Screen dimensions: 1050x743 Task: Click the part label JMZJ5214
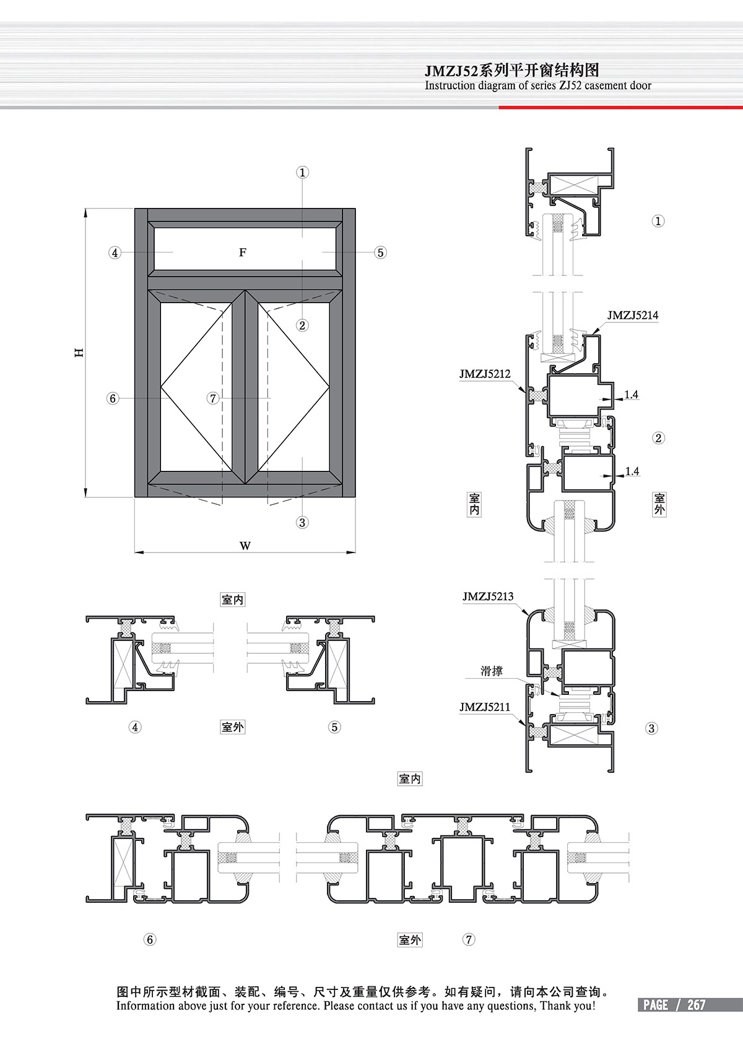(x=632, y=315)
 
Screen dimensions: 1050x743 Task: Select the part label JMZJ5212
(x=485, y=374)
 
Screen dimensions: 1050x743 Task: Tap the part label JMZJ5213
(x=488, y=596)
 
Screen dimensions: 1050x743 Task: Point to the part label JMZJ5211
(x=485, y=707)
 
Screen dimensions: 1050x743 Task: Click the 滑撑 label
(x=492, y=671)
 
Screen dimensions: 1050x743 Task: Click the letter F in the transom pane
(x=243, y=252)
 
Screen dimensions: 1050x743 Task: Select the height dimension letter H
(x=79, y=353)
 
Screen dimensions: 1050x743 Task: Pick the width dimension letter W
(x=245, y=546)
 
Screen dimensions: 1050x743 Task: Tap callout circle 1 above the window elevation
(x=302, y=172)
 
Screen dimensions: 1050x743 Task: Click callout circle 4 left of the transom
(x=115, y=252)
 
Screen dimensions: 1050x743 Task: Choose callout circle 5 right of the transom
(x=380, y=252)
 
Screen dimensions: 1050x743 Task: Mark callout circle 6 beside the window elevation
(x=113, y=398)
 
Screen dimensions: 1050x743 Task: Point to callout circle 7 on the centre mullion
(x=213, y=398)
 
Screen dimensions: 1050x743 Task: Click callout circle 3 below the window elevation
(x=302, y=522)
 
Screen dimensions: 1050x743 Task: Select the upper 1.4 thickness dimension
(x=631, y=395)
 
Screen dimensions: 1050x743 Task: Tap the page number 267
(x=696, y=1005)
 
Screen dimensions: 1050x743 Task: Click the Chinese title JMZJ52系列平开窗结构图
(x=512, y=70)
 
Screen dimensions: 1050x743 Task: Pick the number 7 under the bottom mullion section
(x=469, y=939)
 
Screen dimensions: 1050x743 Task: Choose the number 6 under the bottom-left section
(x=149, y=939)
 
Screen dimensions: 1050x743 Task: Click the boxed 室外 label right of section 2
(x=659, y=504)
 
